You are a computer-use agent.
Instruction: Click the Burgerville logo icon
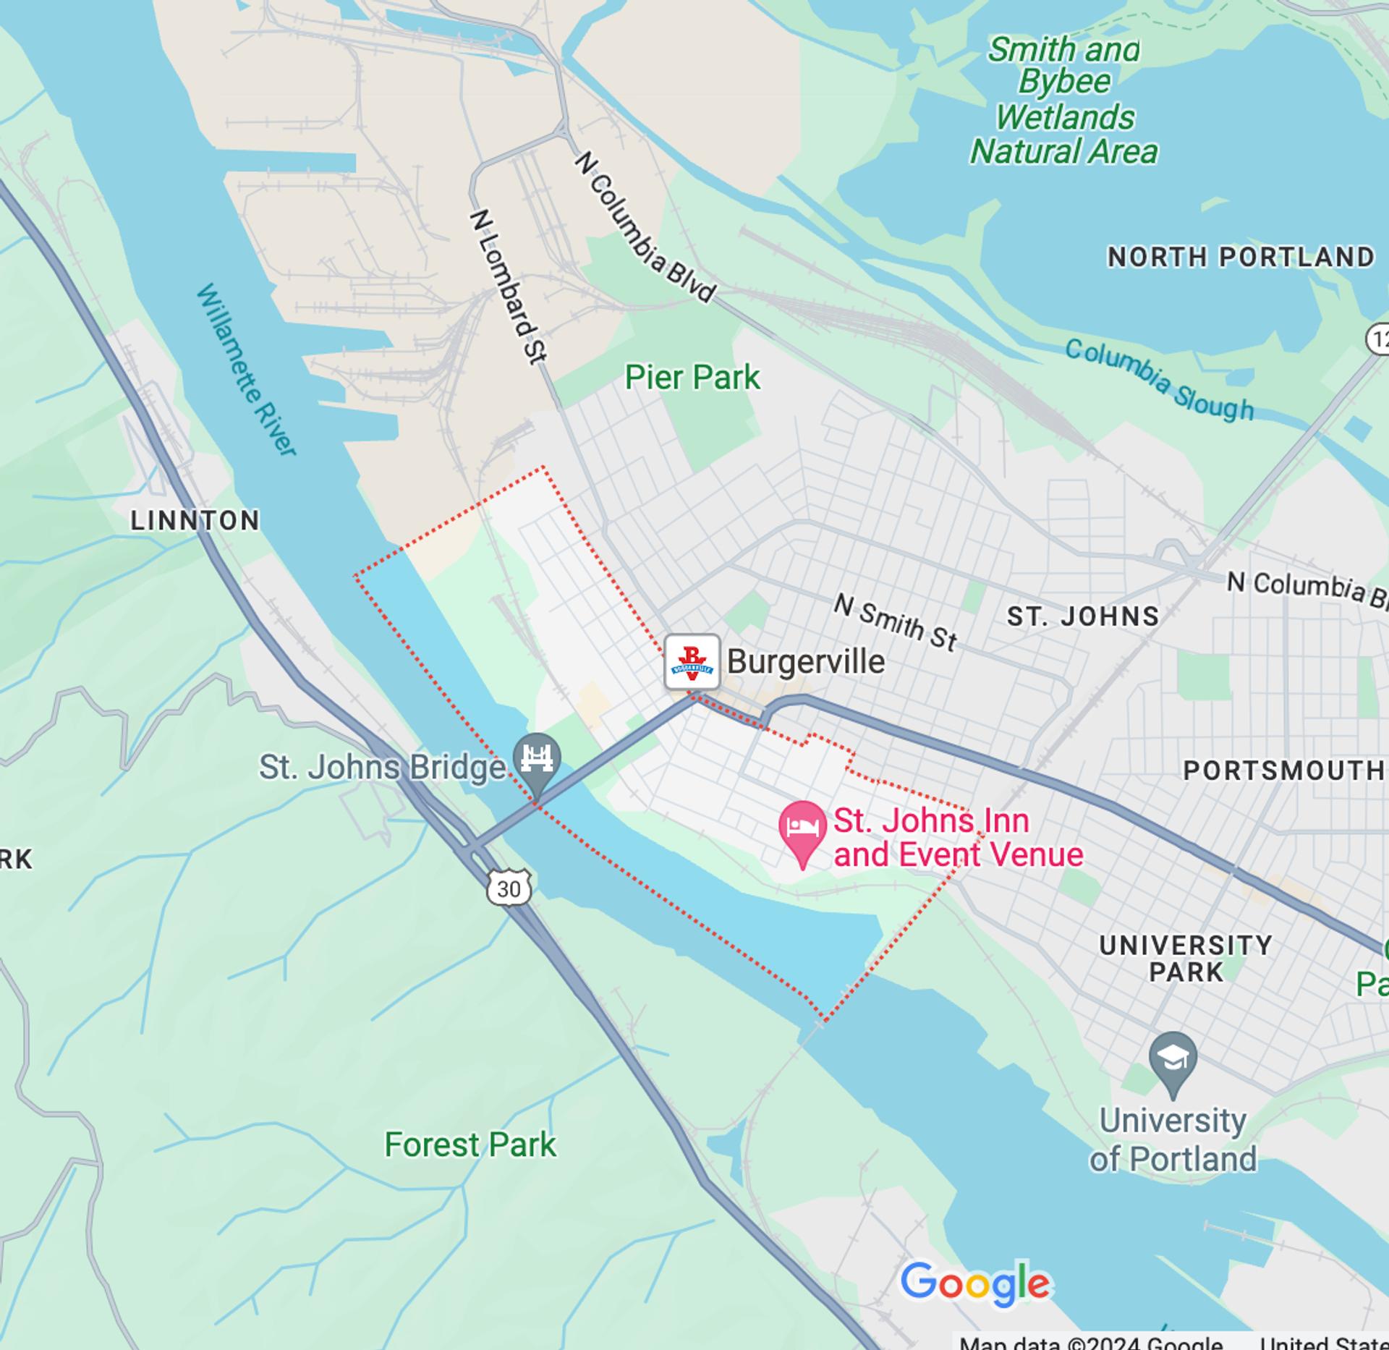[x=692, y=661]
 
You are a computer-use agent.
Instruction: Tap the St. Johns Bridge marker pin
[x=537, y=759]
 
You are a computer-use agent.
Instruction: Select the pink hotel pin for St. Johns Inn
[x=802, y=829]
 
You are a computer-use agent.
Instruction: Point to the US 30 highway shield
[x=509, y=888]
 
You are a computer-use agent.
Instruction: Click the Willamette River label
[x=246, y=369]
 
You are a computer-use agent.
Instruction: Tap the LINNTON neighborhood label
[x=195, y=520]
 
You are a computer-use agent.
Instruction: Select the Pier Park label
[x=692, y=378]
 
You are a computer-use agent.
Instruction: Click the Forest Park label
[x=470, y=1145]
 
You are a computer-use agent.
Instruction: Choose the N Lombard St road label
[x=508, y=286]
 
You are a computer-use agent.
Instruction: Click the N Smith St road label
[x=895, y=622]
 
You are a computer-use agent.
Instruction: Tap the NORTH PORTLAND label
[x=1240, y=257]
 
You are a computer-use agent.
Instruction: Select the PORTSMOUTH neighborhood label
[x=1283, y=770]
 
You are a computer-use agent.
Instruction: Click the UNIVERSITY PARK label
[x=1186, y=958]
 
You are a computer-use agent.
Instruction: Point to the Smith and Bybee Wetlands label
[x=1063, y=101]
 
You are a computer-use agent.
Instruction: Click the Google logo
[x=975, y=1283]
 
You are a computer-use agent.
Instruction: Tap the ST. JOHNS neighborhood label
[x=1083, y=616]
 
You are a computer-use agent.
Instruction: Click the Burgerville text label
[x=805, y=661]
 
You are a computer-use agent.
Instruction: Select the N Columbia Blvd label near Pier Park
[x=645, y=227]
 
